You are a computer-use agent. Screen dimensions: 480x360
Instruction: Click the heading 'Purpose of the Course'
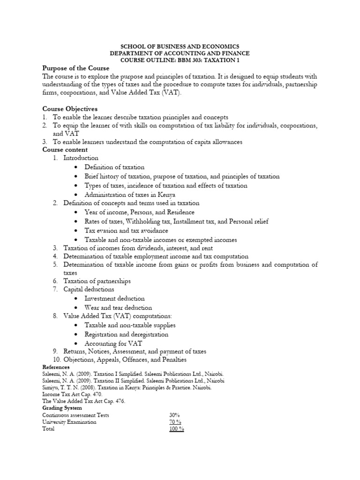click(x=75, y=68)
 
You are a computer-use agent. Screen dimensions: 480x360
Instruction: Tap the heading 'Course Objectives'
click(x=70, y=109)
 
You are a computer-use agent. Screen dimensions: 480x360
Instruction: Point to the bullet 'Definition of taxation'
click(x=114, y=167)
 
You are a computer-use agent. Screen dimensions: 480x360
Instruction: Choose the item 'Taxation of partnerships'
click(x=97, y=281)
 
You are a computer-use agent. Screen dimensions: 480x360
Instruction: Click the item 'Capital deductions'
click(x=89, y=289)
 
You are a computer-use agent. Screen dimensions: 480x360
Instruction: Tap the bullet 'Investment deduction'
click(x=114, y=298)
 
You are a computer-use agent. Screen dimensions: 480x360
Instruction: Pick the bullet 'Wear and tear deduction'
click(x=118, y=307)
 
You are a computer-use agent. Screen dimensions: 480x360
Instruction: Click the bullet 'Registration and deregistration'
click(x=126, y=334)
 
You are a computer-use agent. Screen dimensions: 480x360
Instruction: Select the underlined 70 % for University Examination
click(x=175, y=422)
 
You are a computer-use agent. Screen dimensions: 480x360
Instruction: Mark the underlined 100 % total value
click(x=176, y=429)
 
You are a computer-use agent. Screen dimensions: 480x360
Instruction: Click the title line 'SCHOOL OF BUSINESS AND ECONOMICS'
click(x=180, y=46)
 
